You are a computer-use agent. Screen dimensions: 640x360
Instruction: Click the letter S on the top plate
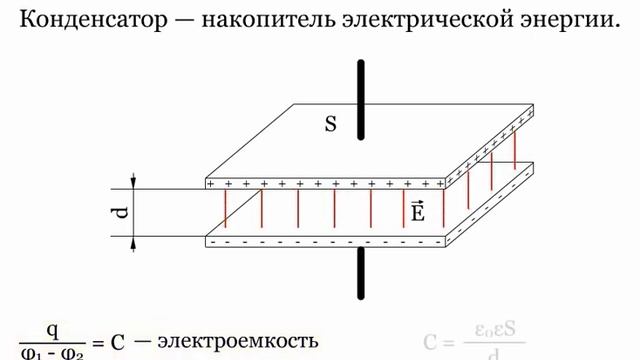331,124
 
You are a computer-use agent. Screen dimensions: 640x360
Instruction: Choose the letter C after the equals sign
117,342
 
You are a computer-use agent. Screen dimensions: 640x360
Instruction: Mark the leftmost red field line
224,212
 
